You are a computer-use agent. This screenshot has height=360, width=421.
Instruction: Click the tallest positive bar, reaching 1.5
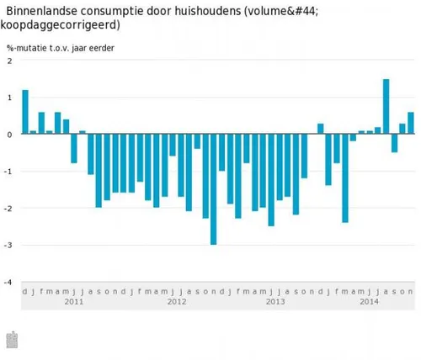[x=386, y=107]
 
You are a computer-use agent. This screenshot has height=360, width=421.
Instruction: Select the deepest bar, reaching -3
[x=214, y=189]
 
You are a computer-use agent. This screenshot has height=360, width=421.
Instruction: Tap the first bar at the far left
[x=25, y=112]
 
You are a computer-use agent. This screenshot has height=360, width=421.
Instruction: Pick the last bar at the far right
[x=411, y=123]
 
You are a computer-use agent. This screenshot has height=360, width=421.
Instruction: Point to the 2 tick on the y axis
[x=9, y=61]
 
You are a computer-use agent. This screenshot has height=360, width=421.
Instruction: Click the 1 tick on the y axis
[x=9, y=98]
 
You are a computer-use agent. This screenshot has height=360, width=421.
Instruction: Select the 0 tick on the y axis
[x=9, y=135]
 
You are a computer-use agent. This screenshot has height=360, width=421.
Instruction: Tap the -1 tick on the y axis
[x=8, y=172]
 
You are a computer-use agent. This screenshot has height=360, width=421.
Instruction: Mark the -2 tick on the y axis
[x=8, y=209]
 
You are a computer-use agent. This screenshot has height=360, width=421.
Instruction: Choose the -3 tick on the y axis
[x=8, y=246]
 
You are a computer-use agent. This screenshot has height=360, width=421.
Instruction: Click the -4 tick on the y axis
[x=8, y=283]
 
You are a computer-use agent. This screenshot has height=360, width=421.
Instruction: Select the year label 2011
[x=74, y=301]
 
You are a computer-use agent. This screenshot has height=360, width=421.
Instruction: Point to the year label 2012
[x=177, y=301]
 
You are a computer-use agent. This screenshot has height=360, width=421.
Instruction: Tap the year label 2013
[x=275, y=301]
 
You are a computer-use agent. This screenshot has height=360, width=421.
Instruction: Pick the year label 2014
[x=370, y=301]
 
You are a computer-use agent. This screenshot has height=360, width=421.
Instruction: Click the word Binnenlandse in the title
[x=43, y=9]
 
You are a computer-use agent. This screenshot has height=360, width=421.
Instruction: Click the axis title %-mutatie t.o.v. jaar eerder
[x=61, y=47]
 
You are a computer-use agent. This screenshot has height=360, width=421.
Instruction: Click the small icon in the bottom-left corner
[x=12, y=340]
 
